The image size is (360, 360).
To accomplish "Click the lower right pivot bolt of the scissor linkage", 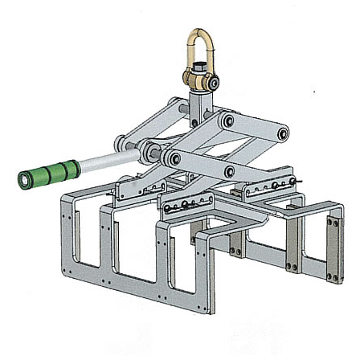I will pos(230,170).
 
